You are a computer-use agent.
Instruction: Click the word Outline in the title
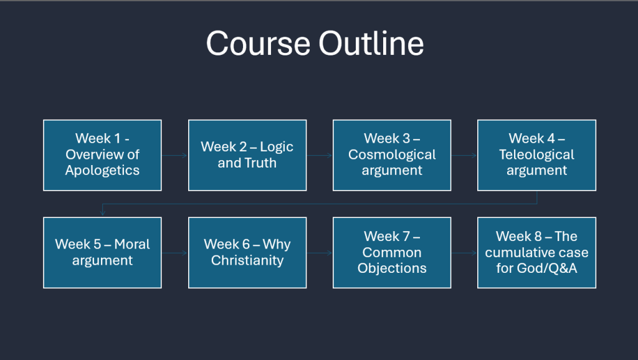click(371, 43)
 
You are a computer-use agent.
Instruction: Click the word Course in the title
click(258, 43)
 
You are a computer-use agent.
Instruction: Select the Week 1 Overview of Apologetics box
click(103, 155)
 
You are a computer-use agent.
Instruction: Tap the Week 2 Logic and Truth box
click(247, 155)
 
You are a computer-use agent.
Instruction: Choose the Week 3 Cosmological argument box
click(392, 155)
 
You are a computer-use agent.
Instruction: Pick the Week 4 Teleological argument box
click(536, 155)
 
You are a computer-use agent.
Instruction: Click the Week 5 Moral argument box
click(103, 253)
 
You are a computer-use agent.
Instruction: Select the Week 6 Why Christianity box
click(247, 253)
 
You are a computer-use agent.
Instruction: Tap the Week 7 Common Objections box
click(392, 253)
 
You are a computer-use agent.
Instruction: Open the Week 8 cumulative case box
click(536, 253)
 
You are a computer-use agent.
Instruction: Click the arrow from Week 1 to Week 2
click(175, 155)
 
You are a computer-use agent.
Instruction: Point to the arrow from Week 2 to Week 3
click(320, 155)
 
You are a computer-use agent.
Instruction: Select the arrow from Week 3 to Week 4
click(464, 155)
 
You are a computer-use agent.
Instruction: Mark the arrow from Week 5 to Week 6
click(175, 253)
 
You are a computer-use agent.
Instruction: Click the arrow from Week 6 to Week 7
click(320, 253)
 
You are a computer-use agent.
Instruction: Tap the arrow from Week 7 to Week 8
click(464, 253)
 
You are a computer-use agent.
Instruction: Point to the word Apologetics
click(103, 171)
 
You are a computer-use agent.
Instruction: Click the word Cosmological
click(392, 154)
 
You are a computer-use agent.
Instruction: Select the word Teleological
click(536, 154)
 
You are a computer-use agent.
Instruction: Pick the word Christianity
click(247, 260)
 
